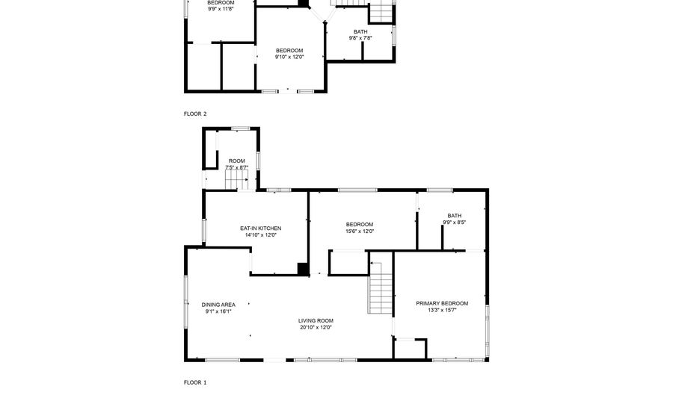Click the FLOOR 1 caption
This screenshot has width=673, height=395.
195,382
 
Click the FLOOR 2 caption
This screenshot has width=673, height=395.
195,113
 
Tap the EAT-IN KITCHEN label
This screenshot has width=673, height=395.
260,228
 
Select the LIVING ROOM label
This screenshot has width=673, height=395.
316,320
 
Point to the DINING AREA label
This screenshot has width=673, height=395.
218,305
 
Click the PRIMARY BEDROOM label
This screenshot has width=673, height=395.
442,303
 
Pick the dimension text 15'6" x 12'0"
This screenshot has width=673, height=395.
360,231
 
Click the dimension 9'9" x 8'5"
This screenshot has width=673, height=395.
455,222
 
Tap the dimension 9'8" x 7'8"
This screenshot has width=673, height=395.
360,37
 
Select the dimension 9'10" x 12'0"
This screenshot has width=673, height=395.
289,57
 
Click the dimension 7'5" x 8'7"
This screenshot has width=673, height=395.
237,167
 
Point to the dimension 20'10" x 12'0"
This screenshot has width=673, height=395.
316,327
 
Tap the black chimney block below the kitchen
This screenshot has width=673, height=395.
303,269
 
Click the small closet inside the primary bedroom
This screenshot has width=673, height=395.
411,349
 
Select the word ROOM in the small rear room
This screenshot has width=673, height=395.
237,161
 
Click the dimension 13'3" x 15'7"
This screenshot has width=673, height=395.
442,310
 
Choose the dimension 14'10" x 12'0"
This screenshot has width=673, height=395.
260,234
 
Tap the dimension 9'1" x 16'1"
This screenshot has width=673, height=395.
218,311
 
